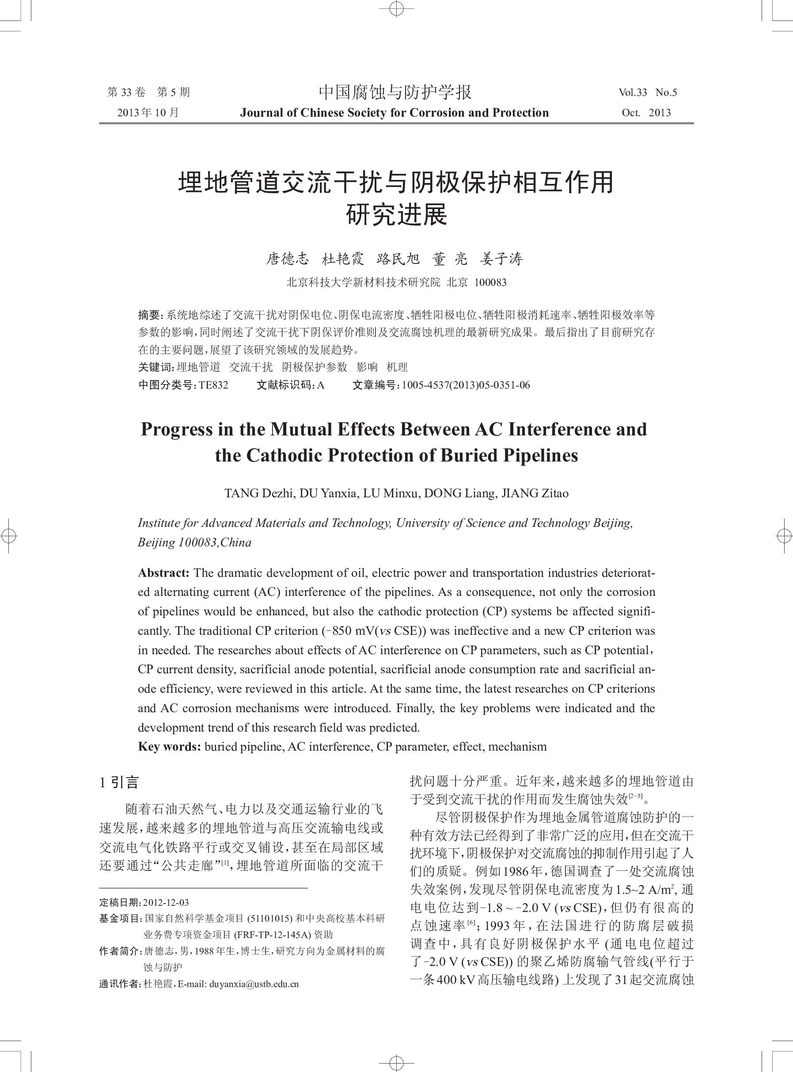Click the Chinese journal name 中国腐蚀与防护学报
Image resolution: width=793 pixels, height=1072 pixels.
coord(395,92)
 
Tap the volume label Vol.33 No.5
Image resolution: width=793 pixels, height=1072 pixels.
coord(648,93)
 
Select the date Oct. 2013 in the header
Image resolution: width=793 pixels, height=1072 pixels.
coord(646,113)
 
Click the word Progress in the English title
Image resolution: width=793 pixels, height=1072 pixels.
coord(176,429)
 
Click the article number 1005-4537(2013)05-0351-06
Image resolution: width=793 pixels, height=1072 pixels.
coord(466,385)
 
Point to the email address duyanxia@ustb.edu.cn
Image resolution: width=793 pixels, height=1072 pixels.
coord(254,984)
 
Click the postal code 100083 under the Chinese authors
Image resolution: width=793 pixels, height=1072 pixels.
coord(490,282)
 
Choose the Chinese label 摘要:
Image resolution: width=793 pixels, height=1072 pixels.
coord(150,315)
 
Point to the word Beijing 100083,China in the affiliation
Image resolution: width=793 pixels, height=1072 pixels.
coord(194,543)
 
